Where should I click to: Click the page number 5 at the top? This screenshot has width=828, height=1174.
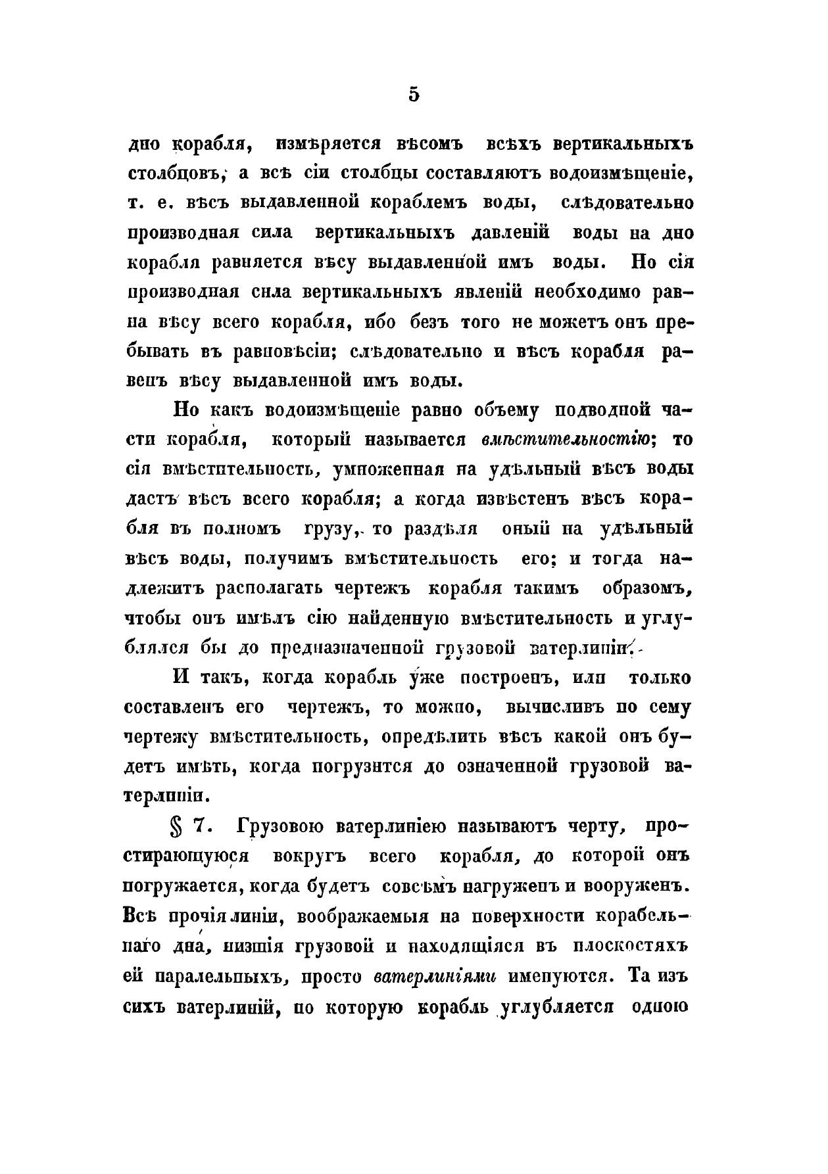coord(413,95)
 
